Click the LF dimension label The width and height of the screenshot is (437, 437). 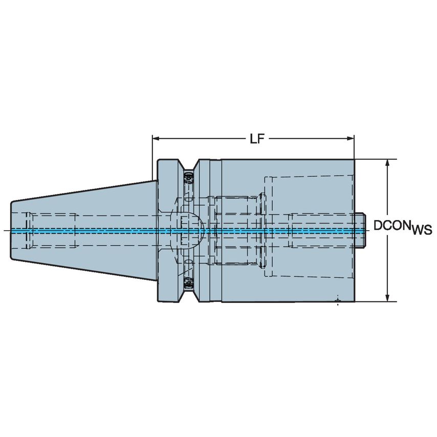click(257, 139)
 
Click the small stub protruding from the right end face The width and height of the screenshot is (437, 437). click(360, 230)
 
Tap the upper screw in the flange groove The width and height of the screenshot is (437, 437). click(188, 177)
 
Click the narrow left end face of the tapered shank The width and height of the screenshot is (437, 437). click(12, 230)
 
